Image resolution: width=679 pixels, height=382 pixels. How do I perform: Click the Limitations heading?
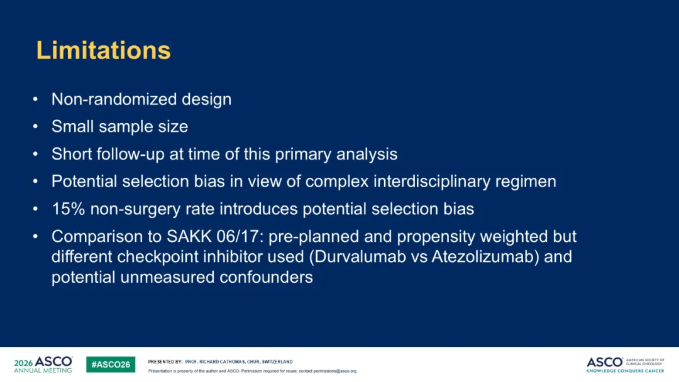tap(104, 50)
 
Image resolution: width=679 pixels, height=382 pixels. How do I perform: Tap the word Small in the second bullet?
tap(73, 126)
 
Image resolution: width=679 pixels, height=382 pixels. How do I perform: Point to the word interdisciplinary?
tap(432, 182)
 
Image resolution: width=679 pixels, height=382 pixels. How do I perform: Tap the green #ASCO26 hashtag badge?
tap(111, 364)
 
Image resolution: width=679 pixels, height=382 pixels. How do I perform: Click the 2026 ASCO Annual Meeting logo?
tap(43, 364)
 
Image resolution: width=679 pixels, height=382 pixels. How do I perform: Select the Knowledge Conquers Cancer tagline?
tap(625, 371)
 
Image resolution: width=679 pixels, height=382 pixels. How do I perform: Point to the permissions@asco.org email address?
tap(335, 371)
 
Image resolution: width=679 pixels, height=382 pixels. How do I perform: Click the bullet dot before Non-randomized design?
tap(35, 99)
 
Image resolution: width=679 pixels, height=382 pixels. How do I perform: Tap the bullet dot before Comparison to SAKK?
tap(35, 237)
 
